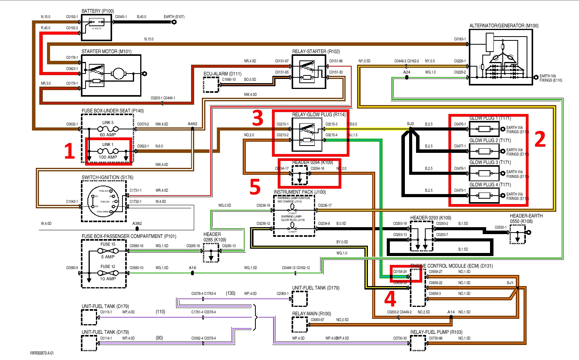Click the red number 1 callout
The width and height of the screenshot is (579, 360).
click(x=69, y=151)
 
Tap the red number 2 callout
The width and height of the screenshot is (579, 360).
click(x=540, y=139)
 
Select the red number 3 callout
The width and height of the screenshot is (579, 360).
click(x=258, y=118)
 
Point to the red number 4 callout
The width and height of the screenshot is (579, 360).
click(x=390, y=298)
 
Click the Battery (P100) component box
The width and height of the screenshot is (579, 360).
click(x=97, y=28)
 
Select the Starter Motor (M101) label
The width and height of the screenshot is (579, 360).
click(x=106, y=51)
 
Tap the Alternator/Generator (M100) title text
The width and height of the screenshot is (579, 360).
click(x=503, y=26)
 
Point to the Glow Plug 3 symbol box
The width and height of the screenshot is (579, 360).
click(x=484, y=173)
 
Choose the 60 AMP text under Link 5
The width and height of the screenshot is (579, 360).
click(x=108, y=135)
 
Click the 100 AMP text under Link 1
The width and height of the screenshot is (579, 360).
click(x=108, y=157)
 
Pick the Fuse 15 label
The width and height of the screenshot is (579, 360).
click(x=108, y=244)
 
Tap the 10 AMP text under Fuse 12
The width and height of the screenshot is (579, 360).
click(x=108, y=279)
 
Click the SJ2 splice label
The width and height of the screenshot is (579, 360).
click(x=410, y=124)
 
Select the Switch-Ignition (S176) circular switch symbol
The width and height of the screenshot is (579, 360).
click(x=103, y=201)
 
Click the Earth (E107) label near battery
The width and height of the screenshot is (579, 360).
click(x=174, y=17)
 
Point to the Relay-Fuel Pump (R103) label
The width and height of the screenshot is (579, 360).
click(x=436, y=332)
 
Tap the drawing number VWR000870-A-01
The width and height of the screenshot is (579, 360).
click(x=42, y=353)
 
